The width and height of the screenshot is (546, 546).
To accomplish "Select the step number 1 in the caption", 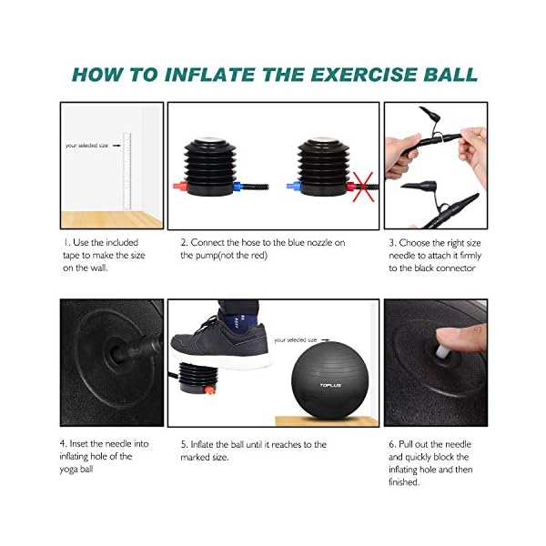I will [x=66, y=243].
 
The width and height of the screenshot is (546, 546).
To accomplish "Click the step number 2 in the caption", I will [x=184, y=243].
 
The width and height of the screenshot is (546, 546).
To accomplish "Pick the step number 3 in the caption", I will [x=391, y=243].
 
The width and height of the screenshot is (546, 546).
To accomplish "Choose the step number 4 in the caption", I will [x=65, y=444].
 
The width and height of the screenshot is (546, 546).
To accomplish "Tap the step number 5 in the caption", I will [x=184, y=444].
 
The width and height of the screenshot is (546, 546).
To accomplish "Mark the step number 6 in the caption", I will [x=391, y=444].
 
